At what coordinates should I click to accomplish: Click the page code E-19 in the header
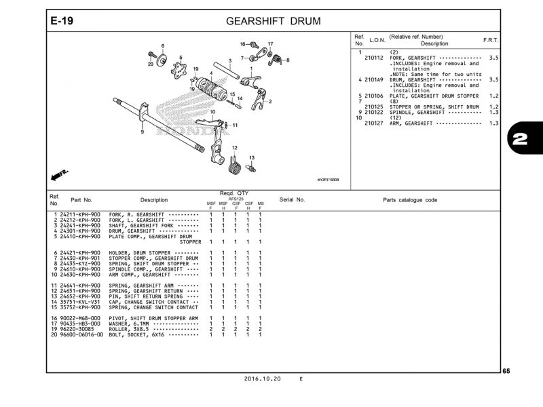62,21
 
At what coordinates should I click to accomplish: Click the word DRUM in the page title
306,21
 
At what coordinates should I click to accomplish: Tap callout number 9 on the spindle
142,132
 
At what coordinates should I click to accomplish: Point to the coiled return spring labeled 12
235,165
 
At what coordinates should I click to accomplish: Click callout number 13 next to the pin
251,158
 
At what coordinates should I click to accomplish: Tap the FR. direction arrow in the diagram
60,176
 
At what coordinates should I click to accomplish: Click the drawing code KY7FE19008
329,180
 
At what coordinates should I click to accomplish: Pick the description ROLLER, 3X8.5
139,329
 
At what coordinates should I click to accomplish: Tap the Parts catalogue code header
410,200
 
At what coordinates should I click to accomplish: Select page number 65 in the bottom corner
506,371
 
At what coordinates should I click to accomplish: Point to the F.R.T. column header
490,40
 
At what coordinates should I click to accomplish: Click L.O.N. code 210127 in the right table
374,123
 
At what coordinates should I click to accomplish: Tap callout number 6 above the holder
163,45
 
